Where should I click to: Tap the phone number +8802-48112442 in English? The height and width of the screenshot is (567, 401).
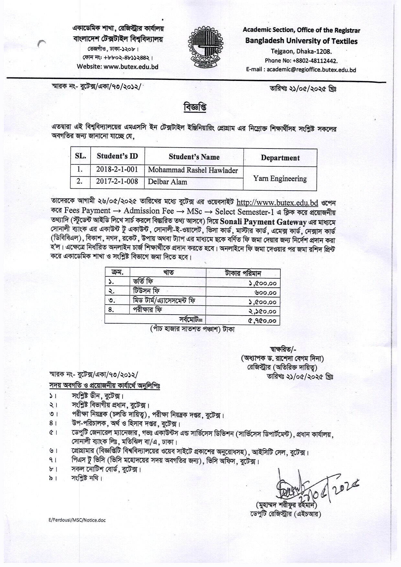pos(301,61)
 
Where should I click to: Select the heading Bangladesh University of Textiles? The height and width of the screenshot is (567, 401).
pos(301,41)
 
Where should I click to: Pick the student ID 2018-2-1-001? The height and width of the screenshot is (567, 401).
pos(117,170)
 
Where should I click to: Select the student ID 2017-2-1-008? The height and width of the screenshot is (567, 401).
pos(117,181)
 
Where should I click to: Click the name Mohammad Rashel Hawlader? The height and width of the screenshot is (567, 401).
pos(193,170)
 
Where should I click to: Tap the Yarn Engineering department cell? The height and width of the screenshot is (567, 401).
pos(280,179)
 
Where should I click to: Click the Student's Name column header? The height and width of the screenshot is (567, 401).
pos(194,157)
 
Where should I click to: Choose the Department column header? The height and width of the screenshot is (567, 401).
pos(280,158)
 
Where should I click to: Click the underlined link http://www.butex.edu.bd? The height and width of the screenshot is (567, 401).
pos(277,203)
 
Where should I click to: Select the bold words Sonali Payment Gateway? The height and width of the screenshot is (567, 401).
pos(263,222)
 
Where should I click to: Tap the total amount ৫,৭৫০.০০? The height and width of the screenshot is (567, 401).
pos(262,321)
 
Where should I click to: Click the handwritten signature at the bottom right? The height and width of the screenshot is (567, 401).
pos(311,488)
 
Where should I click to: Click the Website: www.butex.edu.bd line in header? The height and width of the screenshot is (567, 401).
pos(117,67)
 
